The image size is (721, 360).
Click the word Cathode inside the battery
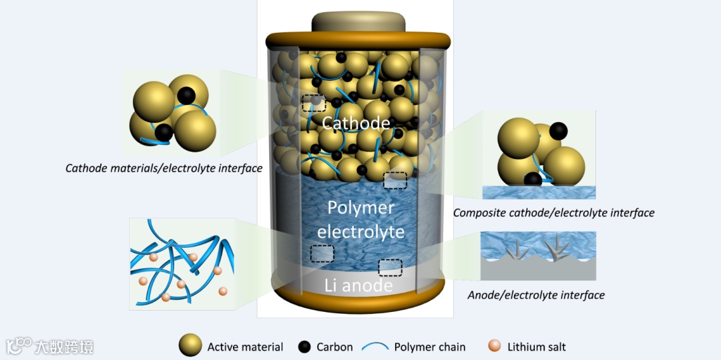(x=355, y=123)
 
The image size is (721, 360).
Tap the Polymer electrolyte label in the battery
(x=360, y=220)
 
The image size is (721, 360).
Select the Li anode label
(x=358, y=286)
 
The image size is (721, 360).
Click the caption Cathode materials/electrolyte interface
(x=164, y=168)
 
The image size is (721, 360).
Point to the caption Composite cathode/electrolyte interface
(x=553, y=213)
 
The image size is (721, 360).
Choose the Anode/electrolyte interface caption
(x=536, y=295)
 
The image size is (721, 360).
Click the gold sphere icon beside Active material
(x=190, y=346)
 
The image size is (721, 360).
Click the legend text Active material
(x=245, y=347)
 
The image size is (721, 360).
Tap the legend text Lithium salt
(x=536, y=347)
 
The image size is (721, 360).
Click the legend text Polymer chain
(x=429, y=347)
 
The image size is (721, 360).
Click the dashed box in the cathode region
(x=314, y=103)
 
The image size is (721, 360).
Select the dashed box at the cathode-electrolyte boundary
(x=395, y=180)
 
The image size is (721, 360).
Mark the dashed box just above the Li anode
(x=390, y=267)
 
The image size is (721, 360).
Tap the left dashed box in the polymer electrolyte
(x=322, y=253)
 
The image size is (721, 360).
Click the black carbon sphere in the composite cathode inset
(x=558, y=130)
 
